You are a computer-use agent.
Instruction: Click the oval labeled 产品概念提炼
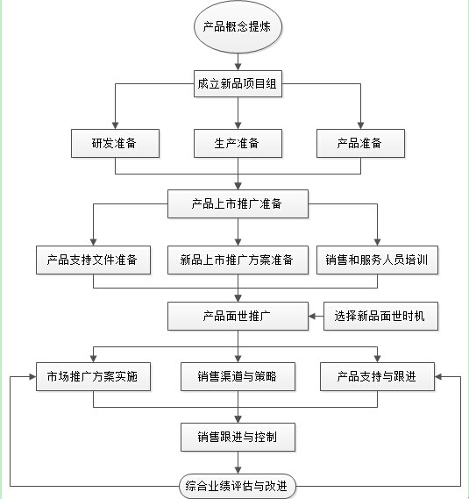pos(238,26)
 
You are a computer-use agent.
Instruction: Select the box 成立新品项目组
pos(238,83)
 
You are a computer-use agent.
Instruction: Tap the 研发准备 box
pos(115,143)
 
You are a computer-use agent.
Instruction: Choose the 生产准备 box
pos(238,143)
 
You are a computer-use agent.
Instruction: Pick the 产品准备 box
pos(360,143)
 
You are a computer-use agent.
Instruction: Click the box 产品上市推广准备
pos(238,203)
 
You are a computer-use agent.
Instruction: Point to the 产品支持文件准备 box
pos(93,260)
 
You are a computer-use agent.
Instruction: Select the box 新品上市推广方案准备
pos(238,260)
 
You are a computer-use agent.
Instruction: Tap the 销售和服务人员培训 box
pos(377,260)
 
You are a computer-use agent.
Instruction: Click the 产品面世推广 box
pos(238,316)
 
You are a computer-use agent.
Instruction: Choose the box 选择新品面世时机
pos(380,316)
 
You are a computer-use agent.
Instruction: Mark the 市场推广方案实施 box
pos(93,376)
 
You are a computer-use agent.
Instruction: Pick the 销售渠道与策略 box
pos(238,376)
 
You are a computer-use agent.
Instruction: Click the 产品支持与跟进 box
pos(377,376)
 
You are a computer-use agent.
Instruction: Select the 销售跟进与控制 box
pos(238,437)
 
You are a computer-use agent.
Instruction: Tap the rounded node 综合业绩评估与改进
pos(238,486)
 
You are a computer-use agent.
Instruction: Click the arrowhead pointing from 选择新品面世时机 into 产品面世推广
pos(312,316)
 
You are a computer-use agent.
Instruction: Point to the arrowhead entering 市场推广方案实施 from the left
pos(32,377)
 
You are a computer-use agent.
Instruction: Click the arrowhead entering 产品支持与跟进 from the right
pos(438,377)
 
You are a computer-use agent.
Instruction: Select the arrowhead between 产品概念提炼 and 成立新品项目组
pos(238,67)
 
